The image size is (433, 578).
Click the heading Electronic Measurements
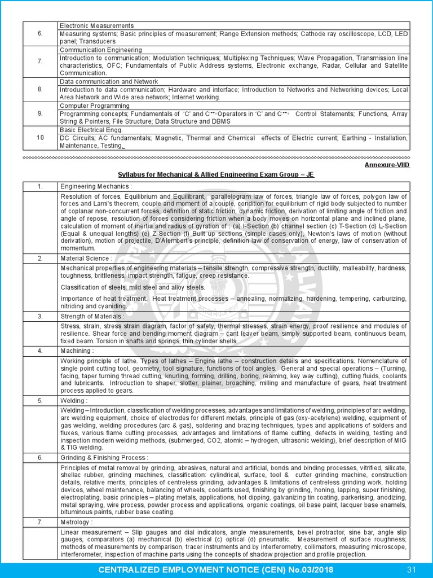tap(96, 26)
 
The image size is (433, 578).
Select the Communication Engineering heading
tap(101, 50)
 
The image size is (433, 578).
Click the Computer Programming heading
tap(94, 106)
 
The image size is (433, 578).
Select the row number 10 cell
tap(40, 138)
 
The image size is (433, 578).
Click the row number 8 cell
tap(40, 89)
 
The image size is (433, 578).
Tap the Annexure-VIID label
tap(386, 165)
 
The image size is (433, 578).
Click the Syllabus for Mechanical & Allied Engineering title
tap(216, 175)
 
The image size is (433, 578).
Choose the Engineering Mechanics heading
tap(96, 186)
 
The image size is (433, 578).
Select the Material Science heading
tap(86, 259)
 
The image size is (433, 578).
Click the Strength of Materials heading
tap(92, 317)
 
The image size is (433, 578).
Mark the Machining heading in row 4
tap(77, 351)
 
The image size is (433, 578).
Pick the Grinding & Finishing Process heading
tap(104, 458)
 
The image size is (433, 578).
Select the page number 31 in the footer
tap(412, 568)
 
